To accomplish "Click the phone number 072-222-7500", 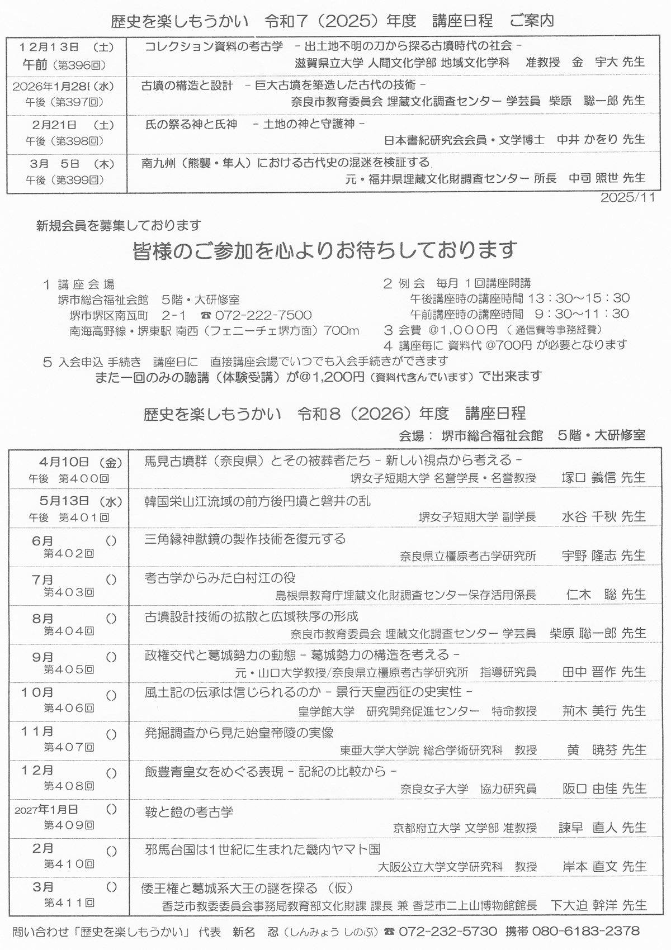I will point(263,315).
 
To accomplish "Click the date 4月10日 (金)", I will point(80,462).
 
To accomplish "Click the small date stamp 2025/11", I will point(627,198).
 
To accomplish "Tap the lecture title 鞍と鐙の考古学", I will point(188,811).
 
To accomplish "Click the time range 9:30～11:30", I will point(582,314).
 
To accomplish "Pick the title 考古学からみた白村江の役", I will point(220,578).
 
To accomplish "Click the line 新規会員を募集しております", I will point(118,226).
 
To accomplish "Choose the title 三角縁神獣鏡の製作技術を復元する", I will point(245,539).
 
